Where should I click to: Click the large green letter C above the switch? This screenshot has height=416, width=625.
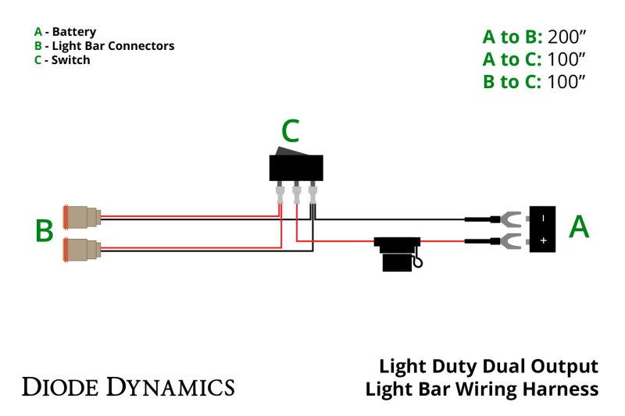(290, 133)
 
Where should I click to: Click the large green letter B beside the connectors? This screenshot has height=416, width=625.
(45, 231)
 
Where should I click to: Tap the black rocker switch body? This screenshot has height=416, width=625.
(295, 167)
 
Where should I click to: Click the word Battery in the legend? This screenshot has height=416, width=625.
(74, 32)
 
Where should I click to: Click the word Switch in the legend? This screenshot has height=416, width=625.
(70, 60)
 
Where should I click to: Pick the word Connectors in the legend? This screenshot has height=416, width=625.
(141, 46)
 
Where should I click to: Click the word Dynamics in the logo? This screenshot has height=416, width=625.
(170, 386)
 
